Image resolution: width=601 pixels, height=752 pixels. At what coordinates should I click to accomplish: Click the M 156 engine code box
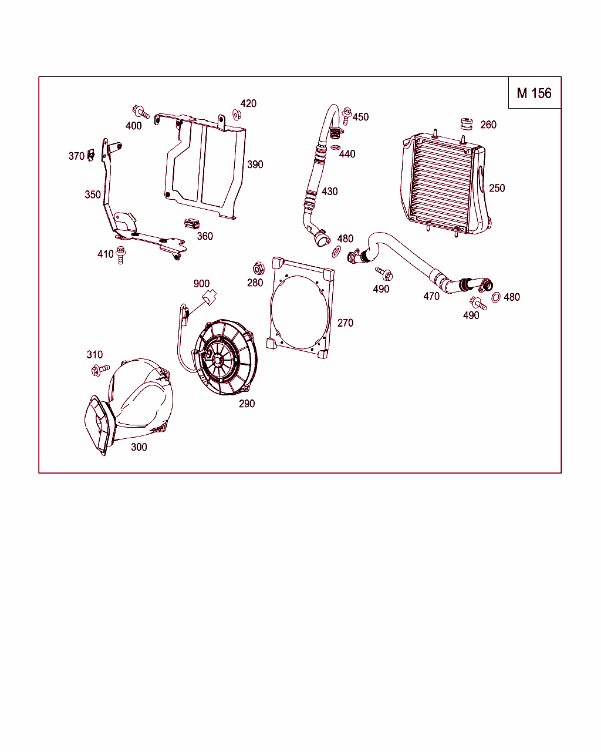(535, 93)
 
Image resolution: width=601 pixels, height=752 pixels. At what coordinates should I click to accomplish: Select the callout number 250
(497, 189)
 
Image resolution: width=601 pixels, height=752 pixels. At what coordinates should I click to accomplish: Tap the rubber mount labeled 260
(466, 124)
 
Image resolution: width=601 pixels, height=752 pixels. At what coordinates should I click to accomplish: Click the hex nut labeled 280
(258, 268)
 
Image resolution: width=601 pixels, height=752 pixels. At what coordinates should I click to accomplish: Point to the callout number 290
(247, 404)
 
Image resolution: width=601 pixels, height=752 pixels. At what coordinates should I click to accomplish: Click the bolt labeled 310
(100, 370)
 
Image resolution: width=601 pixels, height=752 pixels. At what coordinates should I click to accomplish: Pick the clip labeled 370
(91, 155)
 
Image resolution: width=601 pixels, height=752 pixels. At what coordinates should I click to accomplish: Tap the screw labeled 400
(141, 112)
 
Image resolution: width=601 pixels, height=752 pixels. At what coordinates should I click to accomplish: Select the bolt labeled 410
(121, 255)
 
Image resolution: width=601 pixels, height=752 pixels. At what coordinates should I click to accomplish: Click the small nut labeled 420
(237, 115)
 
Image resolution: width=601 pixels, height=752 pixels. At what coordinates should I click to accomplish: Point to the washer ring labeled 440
(336, 147)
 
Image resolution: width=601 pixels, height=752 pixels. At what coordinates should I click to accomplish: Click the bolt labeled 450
(347, 116)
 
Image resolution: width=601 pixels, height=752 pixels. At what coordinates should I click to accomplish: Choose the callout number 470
(431, 296)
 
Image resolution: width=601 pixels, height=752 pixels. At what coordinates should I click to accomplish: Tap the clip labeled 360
(192, 224)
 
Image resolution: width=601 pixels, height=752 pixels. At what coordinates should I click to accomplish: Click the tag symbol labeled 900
(209, 297)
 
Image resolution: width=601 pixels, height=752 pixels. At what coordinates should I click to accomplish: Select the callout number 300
(139, 447)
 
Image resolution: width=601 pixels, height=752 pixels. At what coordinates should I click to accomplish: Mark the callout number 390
(255, 164)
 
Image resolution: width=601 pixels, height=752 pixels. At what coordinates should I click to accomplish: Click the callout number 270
(345, 323)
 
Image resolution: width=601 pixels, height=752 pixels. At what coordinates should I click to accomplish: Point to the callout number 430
(329, 192)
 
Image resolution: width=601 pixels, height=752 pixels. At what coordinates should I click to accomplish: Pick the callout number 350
(93, 194)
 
